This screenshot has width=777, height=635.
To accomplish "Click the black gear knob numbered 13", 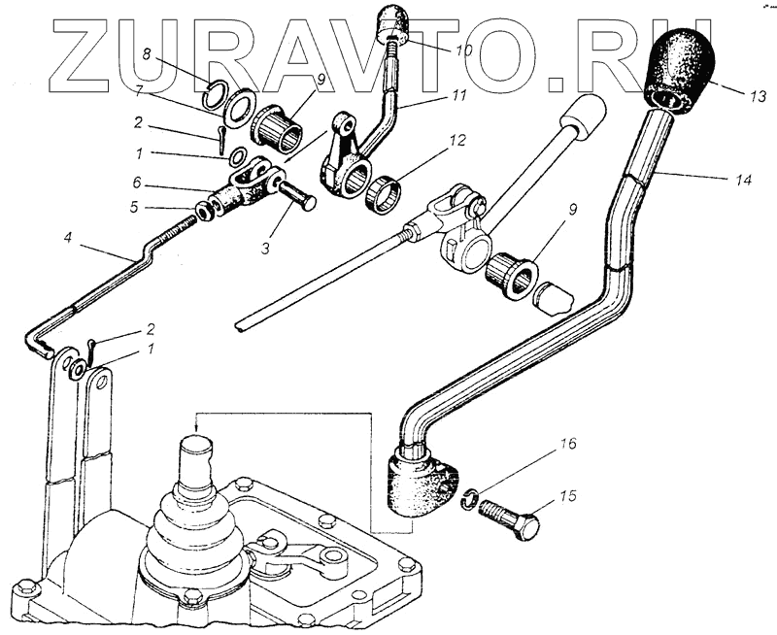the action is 681,68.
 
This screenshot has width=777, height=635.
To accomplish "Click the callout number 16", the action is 568,444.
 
